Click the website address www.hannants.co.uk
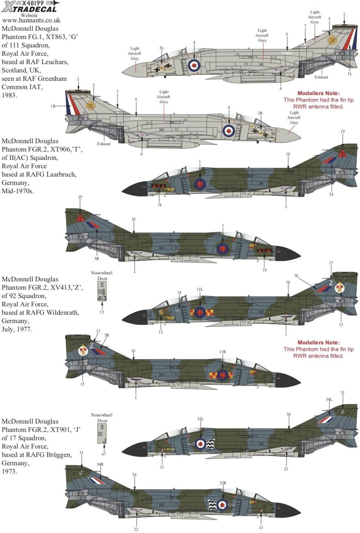pyautogui.click(x=31, y=20)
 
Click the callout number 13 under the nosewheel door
pyautogui.click(x=102, y=312)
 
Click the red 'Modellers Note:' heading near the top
pyautogui.click(x=319, y=93)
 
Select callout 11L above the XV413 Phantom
pyautogui.click(x=199, y=289)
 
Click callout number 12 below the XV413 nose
pyautogui.click(x=161, y=332)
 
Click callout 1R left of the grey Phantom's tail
pyautogui.click(x=54, y=106)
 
